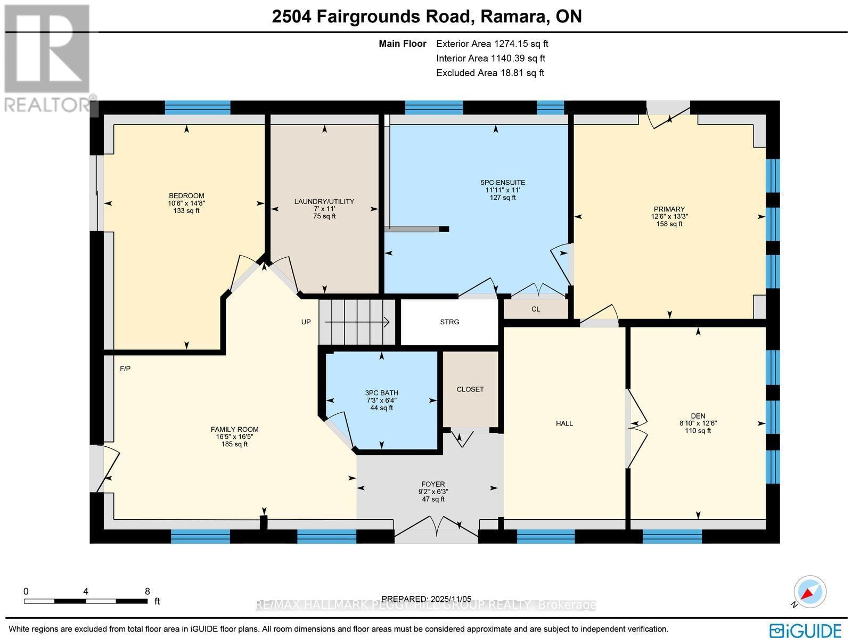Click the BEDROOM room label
click(186, 195)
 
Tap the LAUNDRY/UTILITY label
click(324, 201)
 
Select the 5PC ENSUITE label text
click(503, 183)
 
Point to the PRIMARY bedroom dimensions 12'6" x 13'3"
click(669, 217)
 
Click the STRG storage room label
click(449, 322)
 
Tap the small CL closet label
click(536, 309)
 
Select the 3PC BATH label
click(381, 393)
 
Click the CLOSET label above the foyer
click(470, 389)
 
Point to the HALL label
click(564, 423)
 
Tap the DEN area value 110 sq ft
click(698, 431)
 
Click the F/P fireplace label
click(125, 368)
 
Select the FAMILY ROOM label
click(234, 429)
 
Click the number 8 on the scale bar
click(147, 591)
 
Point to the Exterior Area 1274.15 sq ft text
click(492, 44)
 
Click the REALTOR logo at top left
click(48, 59)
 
